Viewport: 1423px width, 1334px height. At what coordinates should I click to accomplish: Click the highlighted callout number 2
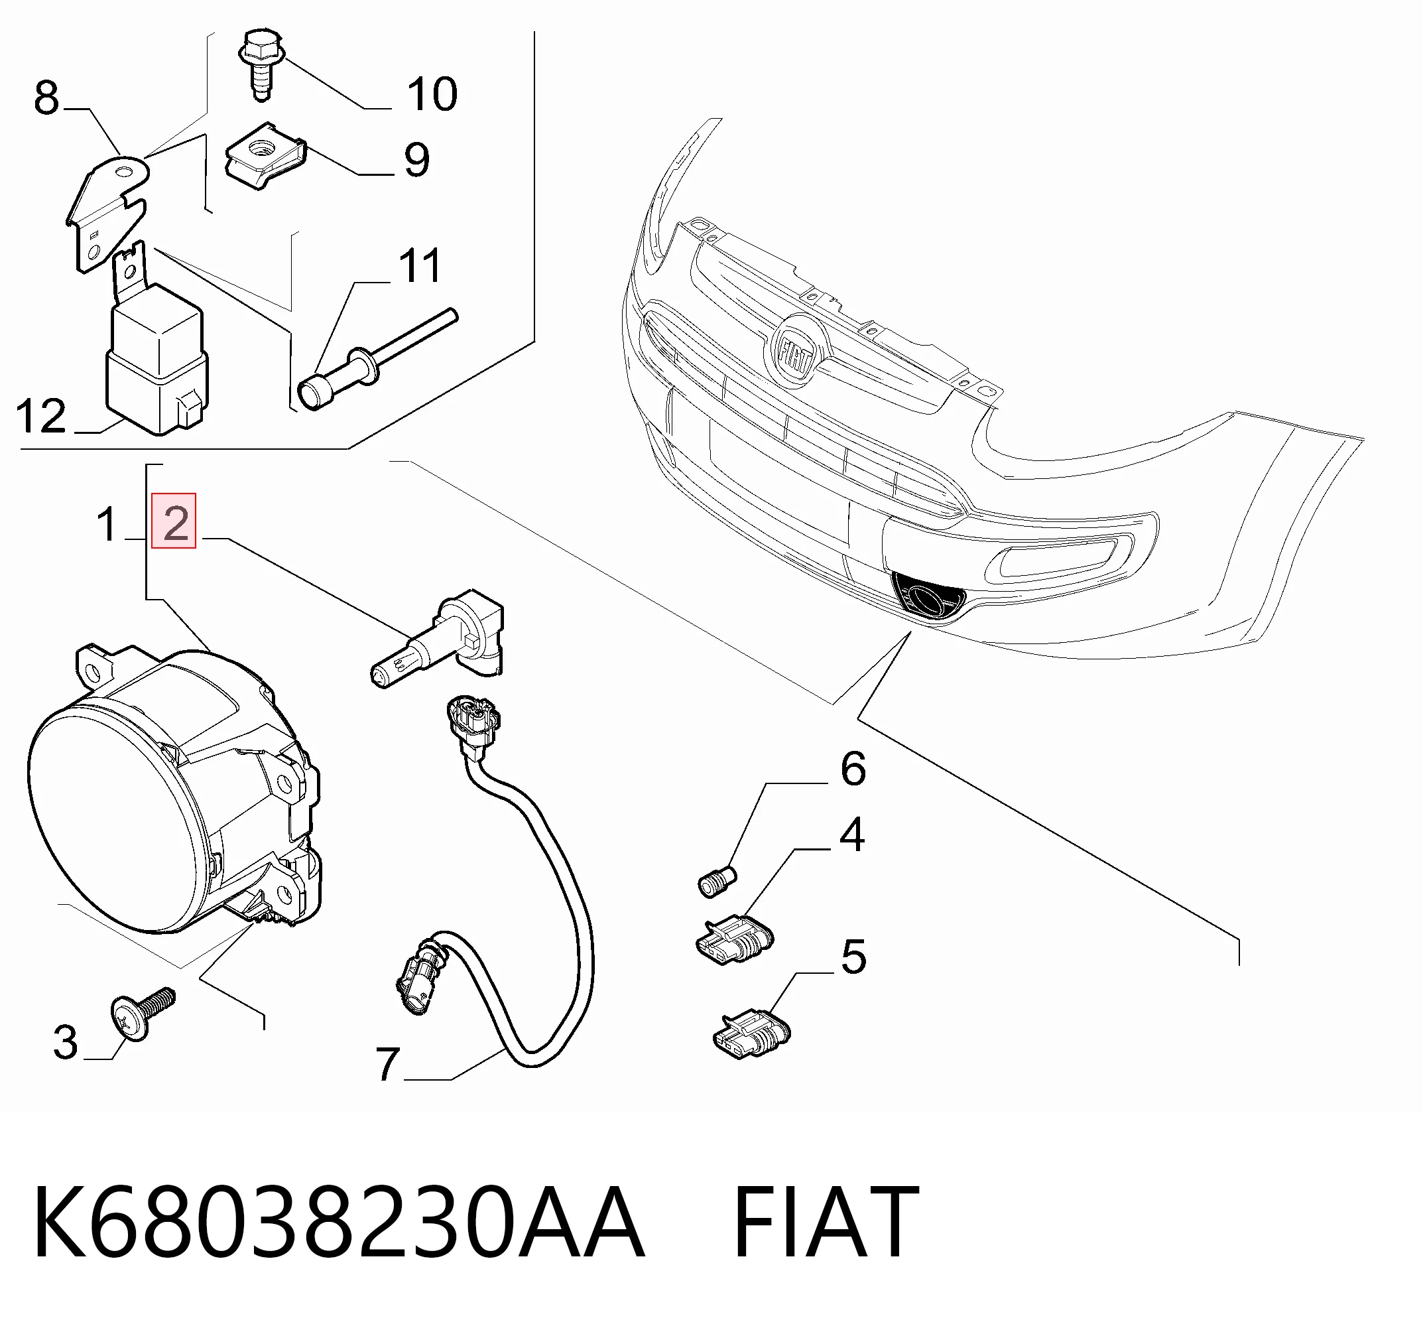(174, 521)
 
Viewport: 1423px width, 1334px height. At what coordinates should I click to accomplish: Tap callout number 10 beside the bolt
(432, 94)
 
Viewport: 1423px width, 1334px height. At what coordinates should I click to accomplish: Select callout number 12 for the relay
(41, 416)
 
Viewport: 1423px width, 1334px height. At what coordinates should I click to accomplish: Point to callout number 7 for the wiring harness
(387, 1064)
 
